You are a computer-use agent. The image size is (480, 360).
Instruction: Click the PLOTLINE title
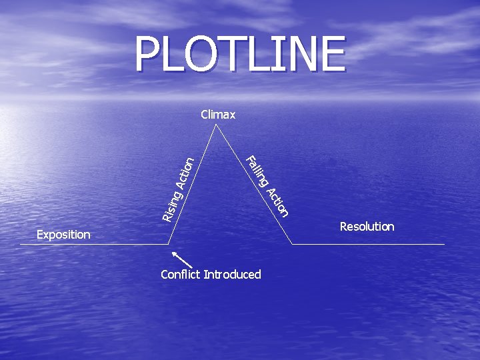pos(240,53)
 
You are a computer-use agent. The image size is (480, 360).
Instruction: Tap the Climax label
pos(218,115)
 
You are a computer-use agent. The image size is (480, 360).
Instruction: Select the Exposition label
pos(63,235)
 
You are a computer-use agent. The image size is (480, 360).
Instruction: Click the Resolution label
pos(367,227)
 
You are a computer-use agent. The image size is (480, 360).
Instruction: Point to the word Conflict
pos(181,274)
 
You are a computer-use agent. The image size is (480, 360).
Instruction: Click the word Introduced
pos(233,274)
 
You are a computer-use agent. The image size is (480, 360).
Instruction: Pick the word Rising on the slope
pos(172,206)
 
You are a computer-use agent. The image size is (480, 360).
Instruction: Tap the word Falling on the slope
pos(257,171)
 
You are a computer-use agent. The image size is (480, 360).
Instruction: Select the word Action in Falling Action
pos(277,203)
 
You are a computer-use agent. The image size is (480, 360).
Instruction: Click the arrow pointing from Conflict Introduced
pos(182,260)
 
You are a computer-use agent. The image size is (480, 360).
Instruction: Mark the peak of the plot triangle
pos(216,124)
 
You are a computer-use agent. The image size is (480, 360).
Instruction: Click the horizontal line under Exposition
pos(94,244)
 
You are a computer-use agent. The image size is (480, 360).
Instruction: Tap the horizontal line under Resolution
pos(368,244)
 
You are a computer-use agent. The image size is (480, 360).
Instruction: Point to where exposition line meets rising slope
pos(169,244)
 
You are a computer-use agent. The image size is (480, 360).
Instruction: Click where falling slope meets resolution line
pos(292,244)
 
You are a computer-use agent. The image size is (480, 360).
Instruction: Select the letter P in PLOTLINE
pos(147,53)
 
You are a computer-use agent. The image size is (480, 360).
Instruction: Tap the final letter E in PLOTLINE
pos(334,53)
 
